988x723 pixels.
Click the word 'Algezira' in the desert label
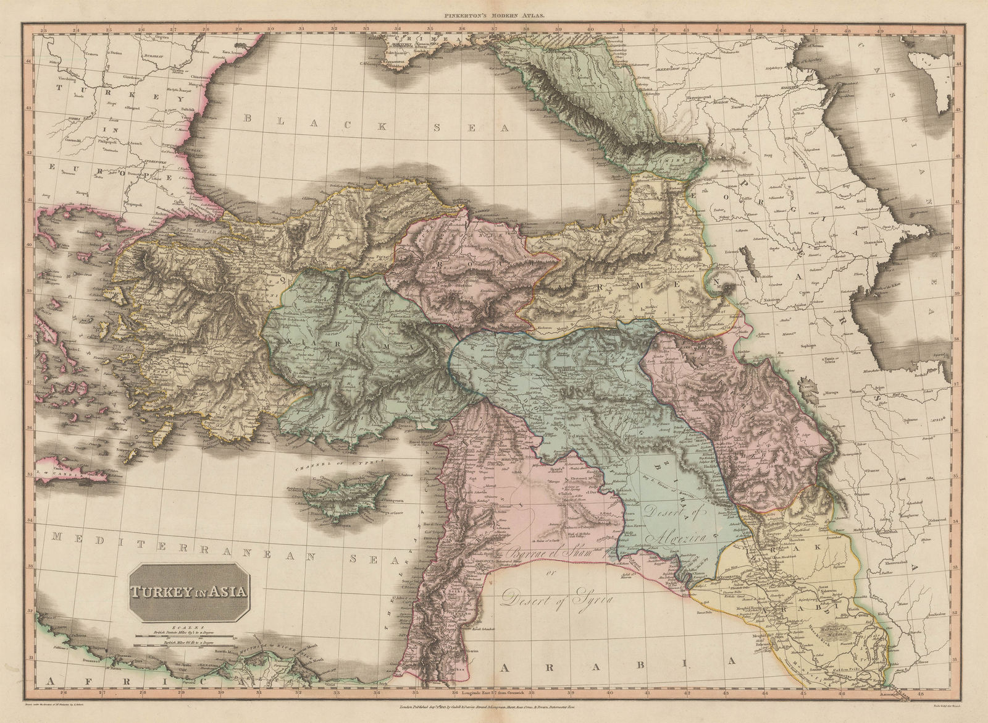click(684, 536)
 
